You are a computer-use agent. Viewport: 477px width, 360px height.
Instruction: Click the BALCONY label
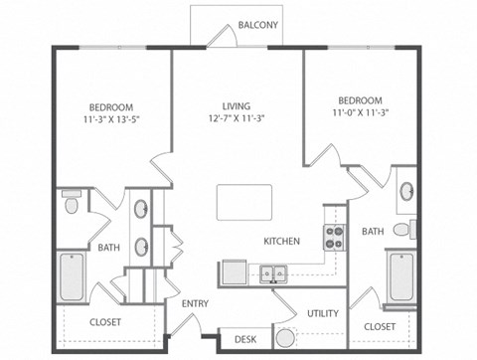pos(257,26)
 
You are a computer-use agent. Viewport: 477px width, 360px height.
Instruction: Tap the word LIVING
pos(236,105)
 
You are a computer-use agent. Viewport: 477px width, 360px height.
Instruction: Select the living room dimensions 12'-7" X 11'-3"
pos(236,118)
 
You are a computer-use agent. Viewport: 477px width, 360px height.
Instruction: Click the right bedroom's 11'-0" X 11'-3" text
pos(359,113)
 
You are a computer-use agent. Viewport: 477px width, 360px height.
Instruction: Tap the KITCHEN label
pos(281,241)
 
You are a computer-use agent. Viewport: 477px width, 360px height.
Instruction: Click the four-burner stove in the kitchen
pos(334,237)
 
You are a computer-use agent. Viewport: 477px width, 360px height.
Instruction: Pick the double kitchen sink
pos(273,272)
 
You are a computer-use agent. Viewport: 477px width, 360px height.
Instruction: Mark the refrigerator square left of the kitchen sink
pos(235,271)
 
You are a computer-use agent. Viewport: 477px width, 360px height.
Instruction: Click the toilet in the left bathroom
pos(71,204)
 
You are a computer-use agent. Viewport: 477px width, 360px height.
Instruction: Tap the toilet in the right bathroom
pos(402,230)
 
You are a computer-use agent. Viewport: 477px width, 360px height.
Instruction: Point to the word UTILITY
pos(323,313)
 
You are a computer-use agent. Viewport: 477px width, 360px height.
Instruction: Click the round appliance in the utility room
pos(286,337)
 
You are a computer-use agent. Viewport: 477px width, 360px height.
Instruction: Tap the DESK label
pos(245,339)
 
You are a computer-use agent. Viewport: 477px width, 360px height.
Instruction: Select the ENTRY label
pos(195,303)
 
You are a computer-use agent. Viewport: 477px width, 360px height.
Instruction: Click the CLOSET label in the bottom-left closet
pos(106,322)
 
